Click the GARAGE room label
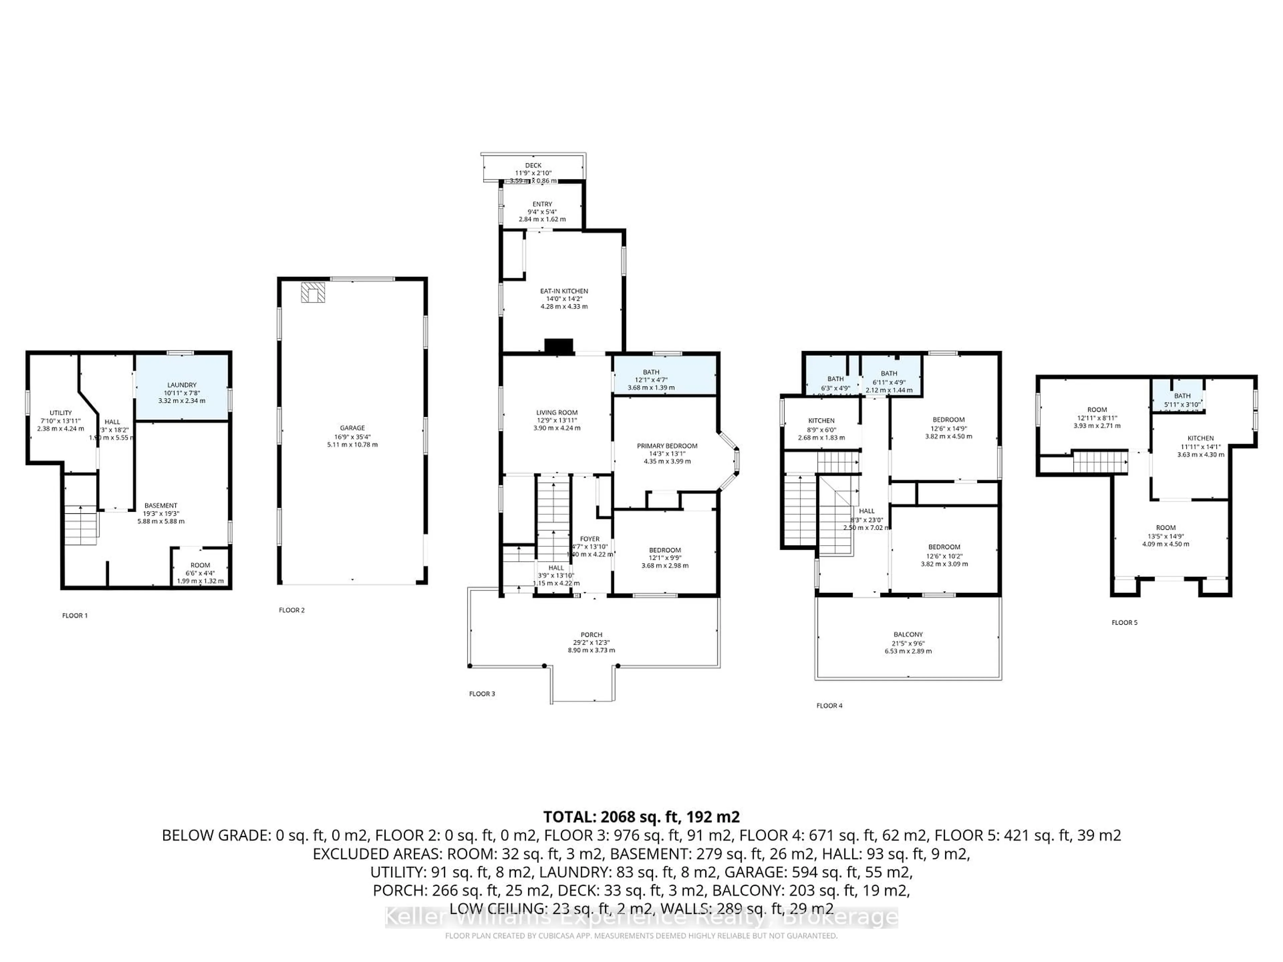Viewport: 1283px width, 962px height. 352,428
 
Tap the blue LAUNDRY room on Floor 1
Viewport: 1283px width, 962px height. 181,392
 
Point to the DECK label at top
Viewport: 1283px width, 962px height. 533,166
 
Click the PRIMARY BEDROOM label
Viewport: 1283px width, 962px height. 667,446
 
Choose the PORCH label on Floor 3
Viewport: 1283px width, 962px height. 591,634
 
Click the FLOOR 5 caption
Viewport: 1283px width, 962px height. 1124,622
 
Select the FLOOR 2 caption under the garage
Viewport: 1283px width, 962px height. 291,610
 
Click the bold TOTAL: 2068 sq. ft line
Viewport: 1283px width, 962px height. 641,817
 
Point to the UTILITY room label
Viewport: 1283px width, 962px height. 60,413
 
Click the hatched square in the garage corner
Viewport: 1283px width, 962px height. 313,293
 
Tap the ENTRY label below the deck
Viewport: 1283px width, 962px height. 542,204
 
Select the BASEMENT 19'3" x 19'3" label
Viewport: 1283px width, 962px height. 161,506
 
